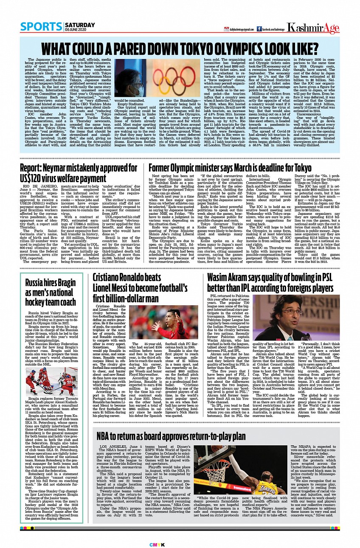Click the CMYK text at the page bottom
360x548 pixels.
[x=180, y=545]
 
